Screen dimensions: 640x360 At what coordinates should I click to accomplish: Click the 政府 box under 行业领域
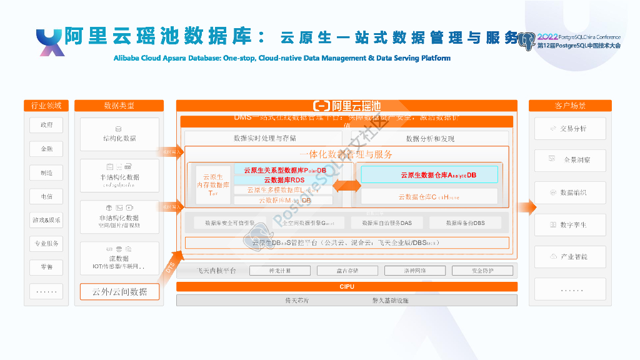click(x=47, y=125)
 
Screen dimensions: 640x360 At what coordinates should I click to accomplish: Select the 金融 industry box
click(x=47, y=149)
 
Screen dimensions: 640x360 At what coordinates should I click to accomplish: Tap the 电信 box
click(x=47, y=196)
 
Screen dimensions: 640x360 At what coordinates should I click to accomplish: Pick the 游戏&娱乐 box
click(x=47, y=220)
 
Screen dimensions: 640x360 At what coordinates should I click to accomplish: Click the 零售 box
click(x=47, y=267)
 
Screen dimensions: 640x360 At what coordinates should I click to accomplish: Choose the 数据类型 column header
click(x=119, y=106)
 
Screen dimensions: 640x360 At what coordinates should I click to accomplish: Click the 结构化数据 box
click(x=119, y=134)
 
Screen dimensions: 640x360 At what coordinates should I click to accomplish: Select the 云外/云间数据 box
click(x=119, y=291)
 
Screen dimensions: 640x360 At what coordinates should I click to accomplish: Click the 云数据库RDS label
click(x=284, y=180)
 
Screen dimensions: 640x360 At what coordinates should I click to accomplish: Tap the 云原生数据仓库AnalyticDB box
click(x=429, y=174)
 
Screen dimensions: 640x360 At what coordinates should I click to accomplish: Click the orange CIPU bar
click(x=346, y=287)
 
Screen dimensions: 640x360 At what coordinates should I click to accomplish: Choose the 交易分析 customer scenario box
click(x=569, y=129)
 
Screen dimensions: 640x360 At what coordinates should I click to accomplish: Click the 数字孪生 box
click(x=569, y=224)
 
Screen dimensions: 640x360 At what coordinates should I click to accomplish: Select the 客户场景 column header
click(x=569, y=106)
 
